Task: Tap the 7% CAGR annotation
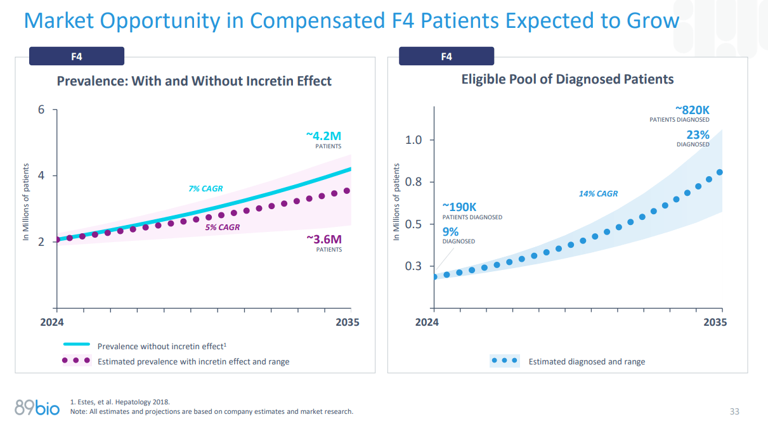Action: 205,188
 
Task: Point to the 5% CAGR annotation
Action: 223,227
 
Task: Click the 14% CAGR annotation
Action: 598,194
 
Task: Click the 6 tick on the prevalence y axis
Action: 41,110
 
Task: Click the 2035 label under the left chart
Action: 347,322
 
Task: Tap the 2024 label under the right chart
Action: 427,322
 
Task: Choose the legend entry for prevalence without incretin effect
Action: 161,346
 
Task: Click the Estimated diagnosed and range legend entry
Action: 586,361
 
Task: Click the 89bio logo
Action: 37,408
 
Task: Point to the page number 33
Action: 734,411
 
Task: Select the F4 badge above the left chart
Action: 77,56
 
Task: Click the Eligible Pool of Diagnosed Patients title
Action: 567,79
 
